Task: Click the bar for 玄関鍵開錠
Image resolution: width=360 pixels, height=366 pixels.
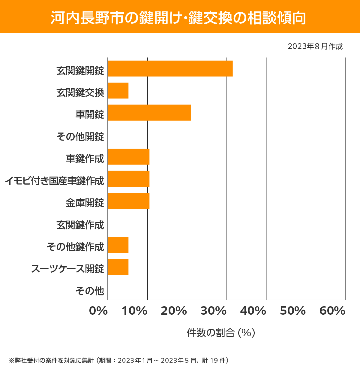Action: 170,68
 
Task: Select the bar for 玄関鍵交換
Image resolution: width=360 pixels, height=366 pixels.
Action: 118,91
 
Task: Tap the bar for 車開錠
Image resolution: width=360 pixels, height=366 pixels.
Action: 149,113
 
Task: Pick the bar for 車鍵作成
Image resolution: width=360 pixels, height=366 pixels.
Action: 129,157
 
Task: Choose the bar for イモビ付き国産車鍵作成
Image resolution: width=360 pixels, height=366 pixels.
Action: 129,179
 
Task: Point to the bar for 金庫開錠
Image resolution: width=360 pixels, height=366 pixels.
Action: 129,201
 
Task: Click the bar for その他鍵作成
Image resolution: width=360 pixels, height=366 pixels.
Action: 118,245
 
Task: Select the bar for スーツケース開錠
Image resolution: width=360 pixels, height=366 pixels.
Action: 118,267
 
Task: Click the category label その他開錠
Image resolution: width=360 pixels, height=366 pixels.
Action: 80,137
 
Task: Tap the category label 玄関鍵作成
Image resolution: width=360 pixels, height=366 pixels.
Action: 80,225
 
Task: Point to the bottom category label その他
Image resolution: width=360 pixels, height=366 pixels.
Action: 90,291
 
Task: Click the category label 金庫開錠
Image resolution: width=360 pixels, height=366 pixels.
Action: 85,203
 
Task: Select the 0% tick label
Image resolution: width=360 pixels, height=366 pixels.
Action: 98,311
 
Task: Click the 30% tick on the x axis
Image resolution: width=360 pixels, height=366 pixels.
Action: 213,311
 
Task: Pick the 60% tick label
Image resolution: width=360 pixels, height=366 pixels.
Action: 332,311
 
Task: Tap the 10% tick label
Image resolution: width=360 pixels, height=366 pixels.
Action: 134,311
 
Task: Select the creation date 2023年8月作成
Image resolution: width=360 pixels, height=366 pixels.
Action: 315,47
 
